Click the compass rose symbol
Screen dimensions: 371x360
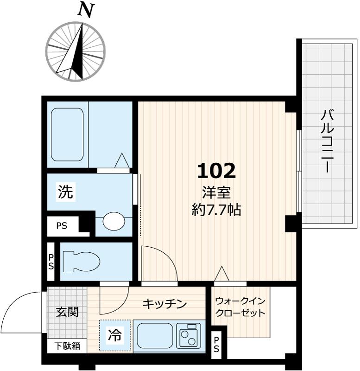pyautogui.click(x=76, y=51)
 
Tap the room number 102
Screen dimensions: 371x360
pyautogui.click(x=216, y=171)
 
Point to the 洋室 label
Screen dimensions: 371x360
pyautogui.click(x=216, y=193)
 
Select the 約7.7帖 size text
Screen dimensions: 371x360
pyautogui.click(x=216, y=210)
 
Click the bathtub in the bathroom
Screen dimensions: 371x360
pyautogui.click(x=67, y=134)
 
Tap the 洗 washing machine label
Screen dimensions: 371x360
pyautogui.click(x=66, y=192)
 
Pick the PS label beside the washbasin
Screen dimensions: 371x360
pyautogui.click(x=62, y=226)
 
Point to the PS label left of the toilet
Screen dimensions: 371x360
pyautogui.click(x=51, y=262)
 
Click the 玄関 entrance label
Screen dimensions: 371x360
pyautogui.click(x=67, y=312)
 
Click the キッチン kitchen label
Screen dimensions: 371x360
pyautogui.click(x=164, y=304)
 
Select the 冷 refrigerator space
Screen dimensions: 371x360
pyautogui.click(x=115, y=335)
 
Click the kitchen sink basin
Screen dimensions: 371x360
pyautogui.click(x=153, y=335)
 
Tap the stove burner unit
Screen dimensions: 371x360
pyautogui.click(x=189, y=335)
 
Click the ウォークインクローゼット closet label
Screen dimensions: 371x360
pyautogui.click(x=240, y=307)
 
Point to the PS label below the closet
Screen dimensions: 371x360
pyautogui.click(x=216, y=345)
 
